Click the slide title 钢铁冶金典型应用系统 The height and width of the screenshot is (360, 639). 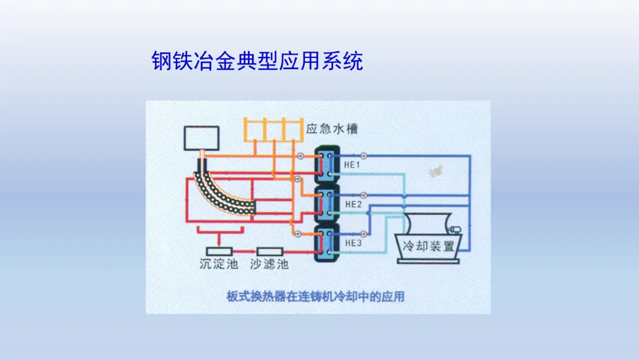click(257, 62)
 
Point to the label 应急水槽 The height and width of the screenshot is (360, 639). click(332, 128)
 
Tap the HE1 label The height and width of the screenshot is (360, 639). click(352, 165)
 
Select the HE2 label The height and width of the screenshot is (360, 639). click(353, 204)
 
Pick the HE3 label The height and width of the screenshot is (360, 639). click(353, 243)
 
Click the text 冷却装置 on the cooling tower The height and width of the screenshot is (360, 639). click(428, 245)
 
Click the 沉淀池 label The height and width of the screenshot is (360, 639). click(218, 264)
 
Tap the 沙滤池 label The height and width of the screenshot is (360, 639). click(269, 264)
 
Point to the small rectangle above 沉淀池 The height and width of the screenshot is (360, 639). click(218, 251)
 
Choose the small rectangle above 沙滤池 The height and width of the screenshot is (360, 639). click(269, 251)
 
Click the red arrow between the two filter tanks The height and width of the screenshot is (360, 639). click(244, 251)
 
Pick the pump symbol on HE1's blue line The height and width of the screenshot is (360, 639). click(364, 156)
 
